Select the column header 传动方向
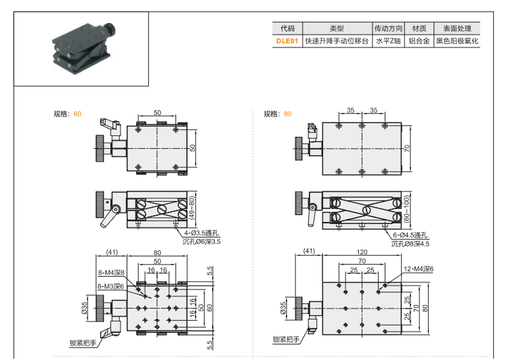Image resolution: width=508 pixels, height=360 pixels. coord(389,28)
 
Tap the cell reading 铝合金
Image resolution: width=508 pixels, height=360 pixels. coord(419,41)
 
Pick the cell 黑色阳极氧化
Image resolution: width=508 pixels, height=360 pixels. coord(457,41)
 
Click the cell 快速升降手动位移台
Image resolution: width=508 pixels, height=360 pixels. coord(337,41)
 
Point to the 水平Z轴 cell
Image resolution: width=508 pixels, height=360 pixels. coord(389,41)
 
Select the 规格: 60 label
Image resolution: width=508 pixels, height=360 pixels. coord(67,114)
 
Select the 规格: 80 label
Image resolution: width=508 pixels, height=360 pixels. coord(278,114)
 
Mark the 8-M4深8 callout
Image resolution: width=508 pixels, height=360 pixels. coord(111,273)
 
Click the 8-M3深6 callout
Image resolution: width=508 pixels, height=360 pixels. coord(111,286)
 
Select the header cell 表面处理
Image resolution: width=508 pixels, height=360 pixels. coord(457,28)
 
